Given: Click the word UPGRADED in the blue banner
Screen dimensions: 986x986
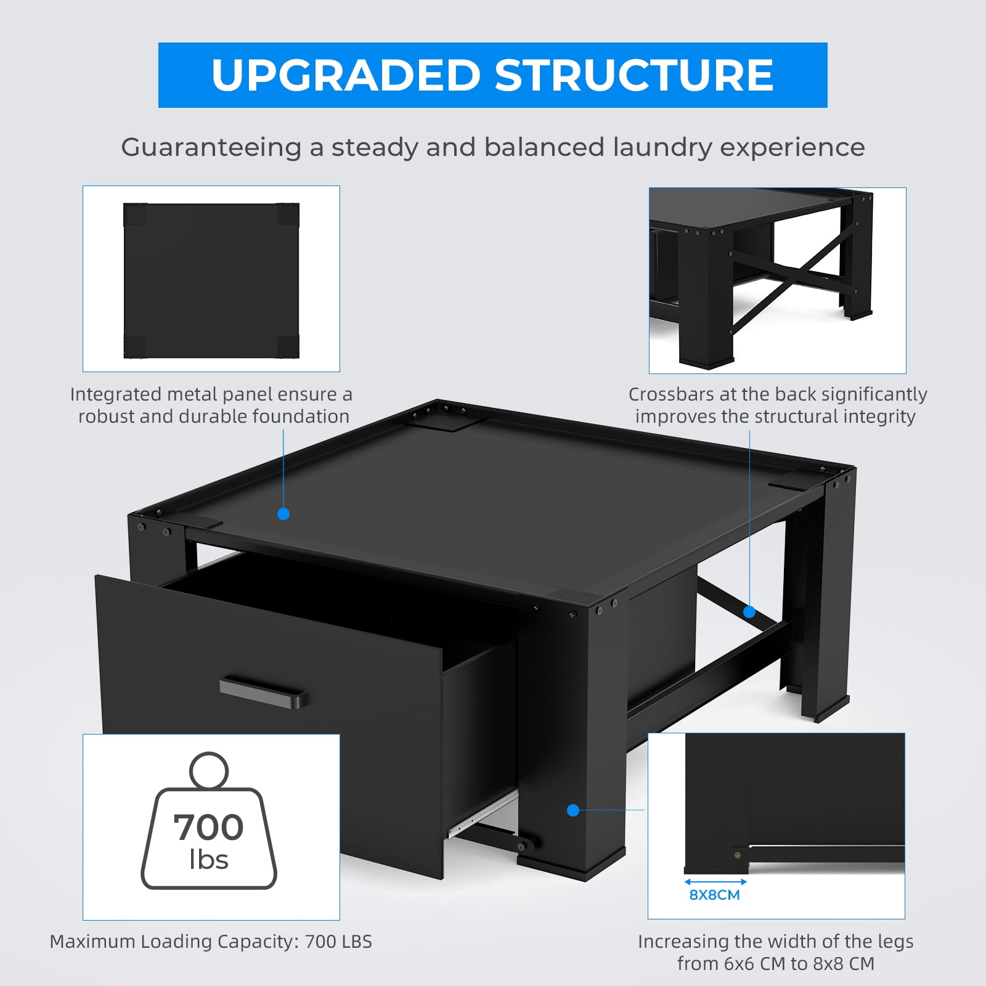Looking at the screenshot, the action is tap(346, 75).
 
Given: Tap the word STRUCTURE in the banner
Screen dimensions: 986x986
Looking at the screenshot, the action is tap(634, 75).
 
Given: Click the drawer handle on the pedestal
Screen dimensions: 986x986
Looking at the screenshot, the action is tap(264, 691).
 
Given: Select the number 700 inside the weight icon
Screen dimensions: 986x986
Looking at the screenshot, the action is tap(208, 827).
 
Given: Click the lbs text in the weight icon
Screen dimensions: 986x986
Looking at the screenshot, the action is tap(209, 859).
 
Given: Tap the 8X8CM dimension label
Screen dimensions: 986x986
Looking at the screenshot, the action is tap(714, 895).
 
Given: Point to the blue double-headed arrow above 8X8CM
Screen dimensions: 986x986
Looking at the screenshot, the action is tap(715, 882).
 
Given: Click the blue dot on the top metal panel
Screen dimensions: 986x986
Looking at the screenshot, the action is tap(283, 513).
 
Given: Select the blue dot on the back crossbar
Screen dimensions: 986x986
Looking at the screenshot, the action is tap(749, 612).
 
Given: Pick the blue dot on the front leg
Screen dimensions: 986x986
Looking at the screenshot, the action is tap(573, 810).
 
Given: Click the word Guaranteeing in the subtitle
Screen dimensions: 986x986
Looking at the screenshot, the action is tap(211, 148).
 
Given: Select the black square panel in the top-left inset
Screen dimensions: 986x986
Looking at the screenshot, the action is tap(211, 280).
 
